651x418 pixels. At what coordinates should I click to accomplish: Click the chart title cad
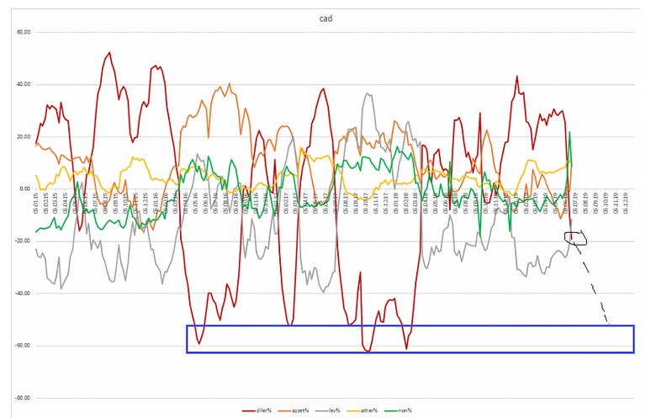(x=325, y=19)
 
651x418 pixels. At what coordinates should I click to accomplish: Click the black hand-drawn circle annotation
(x=575, y=239)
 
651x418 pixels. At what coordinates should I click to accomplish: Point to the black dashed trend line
(x=594, y=286)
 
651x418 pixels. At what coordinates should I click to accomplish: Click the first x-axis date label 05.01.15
(x=37, y=202)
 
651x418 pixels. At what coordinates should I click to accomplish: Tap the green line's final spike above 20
(x=569, y=132)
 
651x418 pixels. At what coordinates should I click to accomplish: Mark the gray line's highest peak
(x=367, y=93)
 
